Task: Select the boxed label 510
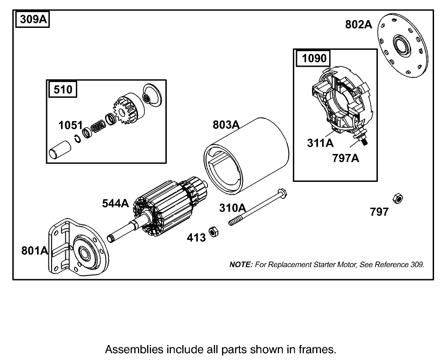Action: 63,89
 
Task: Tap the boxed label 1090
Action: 313,58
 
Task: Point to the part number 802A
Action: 359,25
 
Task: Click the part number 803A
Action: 226,125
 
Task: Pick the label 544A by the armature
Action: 116,203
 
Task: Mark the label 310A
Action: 232,208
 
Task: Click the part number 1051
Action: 70,125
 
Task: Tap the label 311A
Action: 320,143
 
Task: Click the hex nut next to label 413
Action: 213,232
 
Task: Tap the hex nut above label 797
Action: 397,198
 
